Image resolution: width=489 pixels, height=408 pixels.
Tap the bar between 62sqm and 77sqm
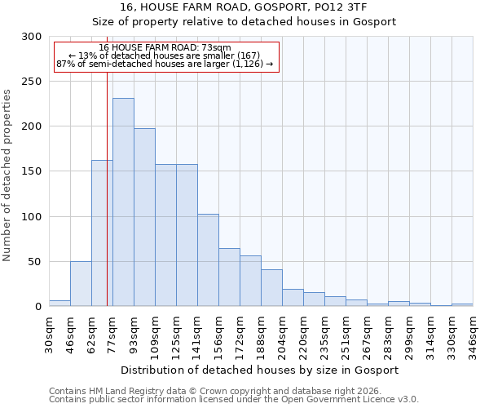102,233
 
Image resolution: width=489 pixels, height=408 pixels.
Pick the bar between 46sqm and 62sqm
81,284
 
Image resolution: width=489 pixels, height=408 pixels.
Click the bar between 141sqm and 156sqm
208,260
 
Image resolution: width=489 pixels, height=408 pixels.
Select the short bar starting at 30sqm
59,304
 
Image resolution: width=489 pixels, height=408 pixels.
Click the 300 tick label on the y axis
32,37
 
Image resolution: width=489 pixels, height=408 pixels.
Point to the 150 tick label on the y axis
32,172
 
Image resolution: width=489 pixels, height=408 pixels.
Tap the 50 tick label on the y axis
35,262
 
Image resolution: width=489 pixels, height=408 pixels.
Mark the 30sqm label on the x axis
50,333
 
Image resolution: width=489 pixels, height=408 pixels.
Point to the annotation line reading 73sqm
165,47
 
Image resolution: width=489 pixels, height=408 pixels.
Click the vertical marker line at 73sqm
107,204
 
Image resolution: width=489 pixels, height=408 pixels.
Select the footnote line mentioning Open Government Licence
234,400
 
